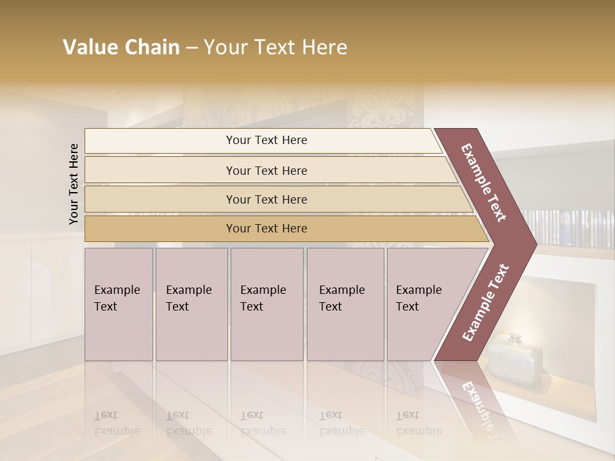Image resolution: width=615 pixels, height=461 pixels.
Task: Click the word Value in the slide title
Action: click(x=90, y=47)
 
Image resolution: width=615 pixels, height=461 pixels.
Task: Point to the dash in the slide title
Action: click(x=191, y=48)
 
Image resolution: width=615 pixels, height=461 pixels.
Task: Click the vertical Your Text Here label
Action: click(x=74, y=184)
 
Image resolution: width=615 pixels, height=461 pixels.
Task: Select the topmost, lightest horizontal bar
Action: click(x=263, y=140)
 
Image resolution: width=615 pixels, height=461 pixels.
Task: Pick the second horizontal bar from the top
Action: click(x=269, y=170)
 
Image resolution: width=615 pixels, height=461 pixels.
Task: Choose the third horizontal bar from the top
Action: click(x=275, y=199)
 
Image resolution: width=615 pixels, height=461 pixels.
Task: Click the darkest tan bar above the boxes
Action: click(x=282, y=229)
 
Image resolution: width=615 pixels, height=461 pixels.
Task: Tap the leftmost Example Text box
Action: click(x=119, y=304)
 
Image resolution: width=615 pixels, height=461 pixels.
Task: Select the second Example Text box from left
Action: click(x=191, y=304)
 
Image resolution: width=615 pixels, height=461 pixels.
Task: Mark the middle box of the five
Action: click(x=266, y=304)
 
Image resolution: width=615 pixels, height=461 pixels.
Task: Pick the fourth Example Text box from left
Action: click(x=345, y=304)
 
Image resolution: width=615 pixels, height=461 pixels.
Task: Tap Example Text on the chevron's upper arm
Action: click(x=484, y=182)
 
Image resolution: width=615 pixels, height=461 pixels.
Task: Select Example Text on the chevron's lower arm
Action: click(x=485, y=302)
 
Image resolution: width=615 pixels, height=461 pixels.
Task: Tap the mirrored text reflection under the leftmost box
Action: click(x=117, y=423)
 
